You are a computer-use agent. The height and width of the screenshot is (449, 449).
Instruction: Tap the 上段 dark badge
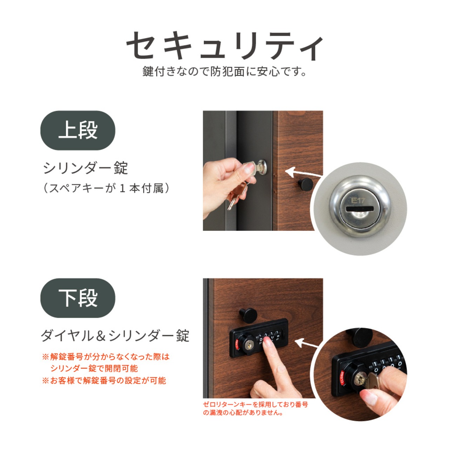[78, 130]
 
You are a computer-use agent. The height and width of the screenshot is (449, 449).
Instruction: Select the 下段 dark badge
[78, 298]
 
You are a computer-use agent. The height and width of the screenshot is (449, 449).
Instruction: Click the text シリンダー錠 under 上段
[86, 168]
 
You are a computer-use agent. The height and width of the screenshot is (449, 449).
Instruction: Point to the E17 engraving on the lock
[358, 200]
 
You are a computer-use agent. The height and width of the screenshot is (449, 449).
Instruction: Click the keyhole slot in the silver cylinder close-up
[360, 209]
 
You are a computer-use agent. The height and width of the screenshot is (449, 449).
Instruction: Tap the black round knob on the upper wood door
[305, 184]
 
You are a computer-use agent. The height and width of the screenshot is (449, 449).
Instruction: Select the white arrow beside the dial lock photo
[306, 343]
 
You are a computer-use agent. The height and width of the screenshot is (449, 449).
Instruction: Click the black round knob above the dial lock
[248, 315]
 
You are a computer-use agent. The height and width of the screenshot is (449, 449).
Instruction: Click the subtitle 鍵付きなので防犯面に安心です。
[224, 71]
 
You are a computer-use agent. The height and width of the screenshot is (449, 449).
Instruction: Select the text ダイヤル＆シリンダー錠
[115, 336]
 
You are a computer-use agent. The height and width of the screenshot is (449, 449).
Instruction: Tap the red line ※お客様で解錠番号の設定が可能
[104, 381]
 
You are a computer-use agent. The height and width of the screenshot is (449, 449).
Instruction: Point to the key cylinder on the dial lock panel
[249, 347]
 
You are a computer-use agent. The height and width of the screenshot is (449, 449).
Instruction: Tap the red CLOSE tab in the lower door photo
[237, 345]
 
